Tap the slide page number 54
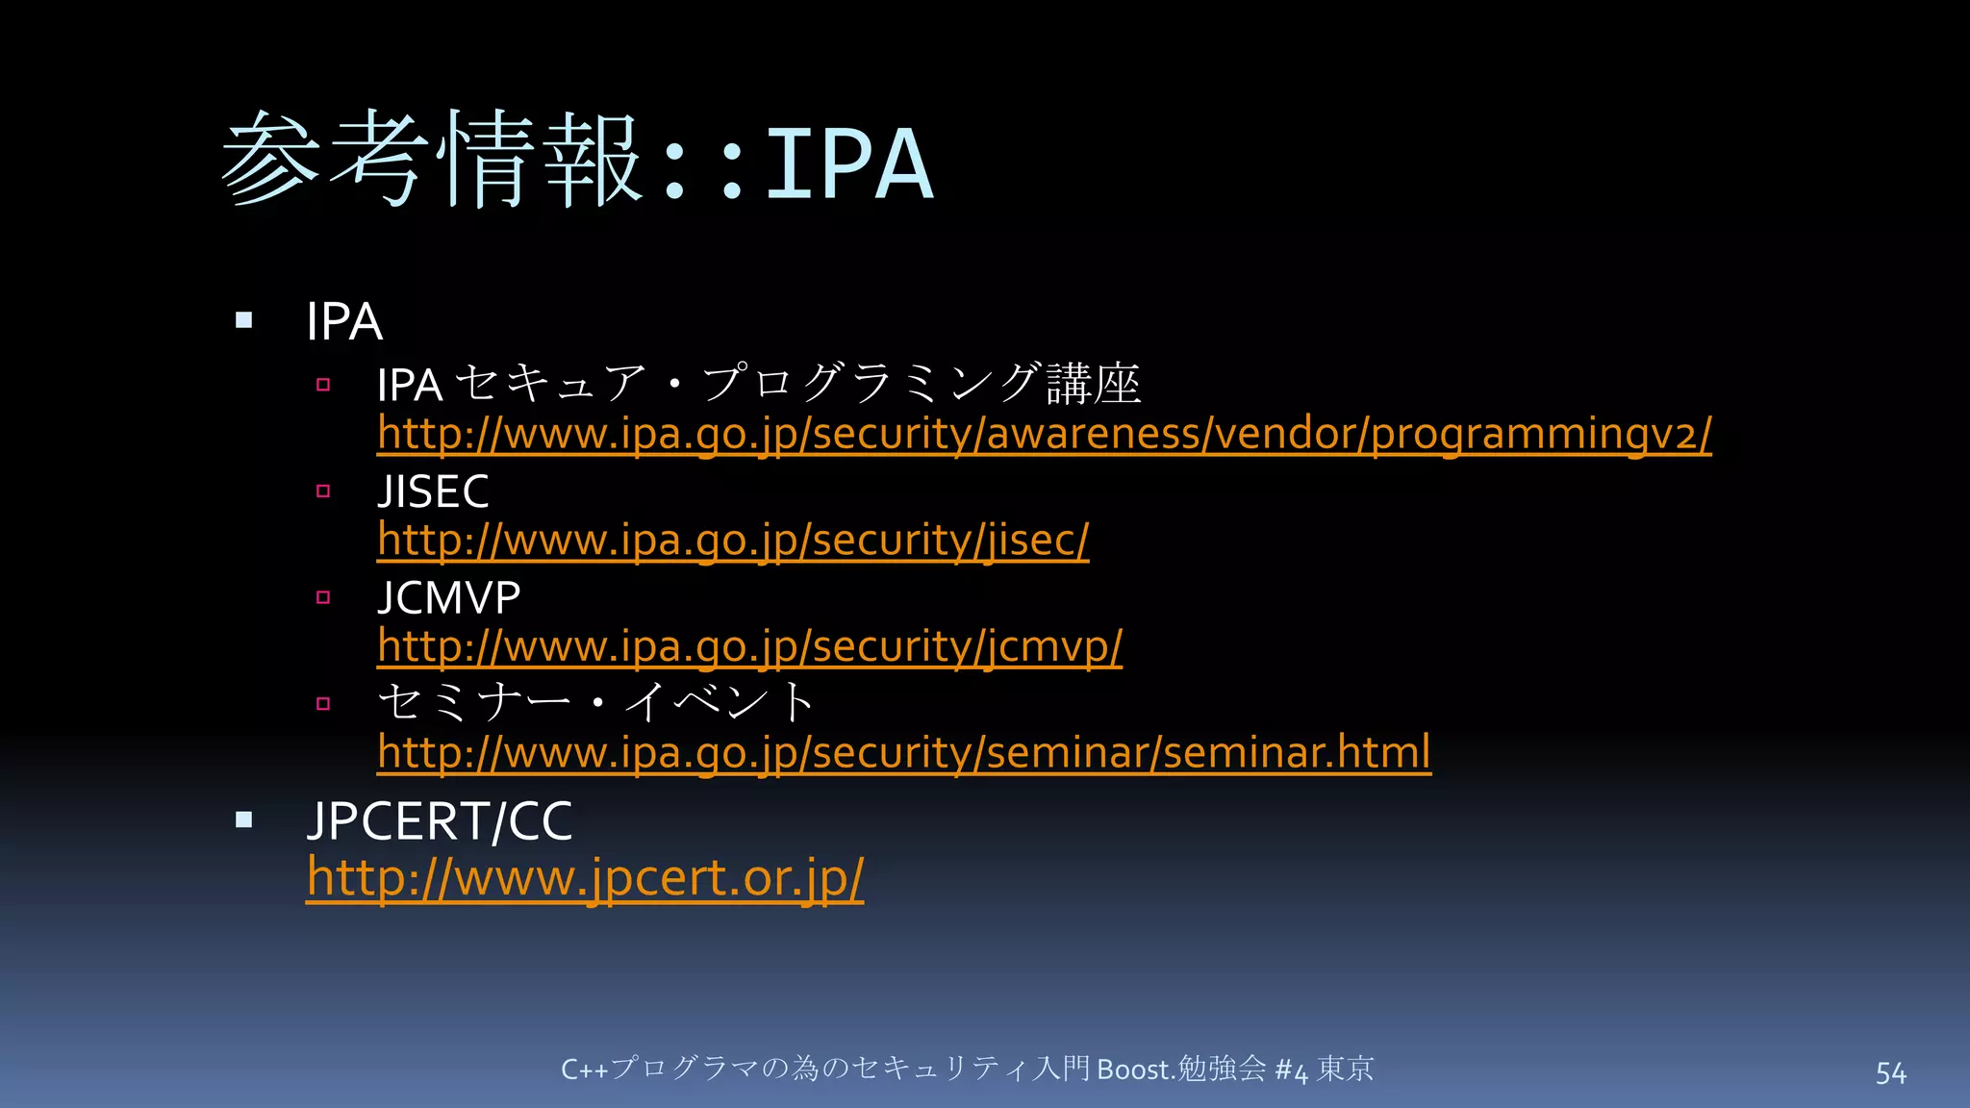[1890, 1072]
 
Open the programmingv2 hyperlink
[1044, 434]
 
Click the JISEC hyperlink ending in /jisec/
[733, 540]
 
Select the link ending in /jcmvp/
[749, 645]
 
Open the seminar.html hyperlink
[903, 752]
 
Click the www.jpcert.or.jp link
[585, 877]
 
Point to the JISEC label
[433, 491]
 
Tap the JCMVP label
[448, 597]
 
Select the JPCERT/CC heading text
[440, 821]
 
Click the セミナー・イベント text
[596, 701]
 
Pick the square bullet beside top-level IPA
[244, 320]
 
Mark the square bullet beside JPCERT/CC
[244, 819]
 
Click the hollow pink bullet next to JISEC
[323, 491]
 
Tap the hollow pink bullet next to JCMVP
[323, 597]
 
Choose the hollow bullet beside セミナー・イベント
[323, 703]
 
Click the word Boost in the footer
[1132, 1070]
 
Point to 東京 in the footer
[1345, 1069]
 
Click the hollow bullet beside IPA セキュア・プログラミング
[323, 385]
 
